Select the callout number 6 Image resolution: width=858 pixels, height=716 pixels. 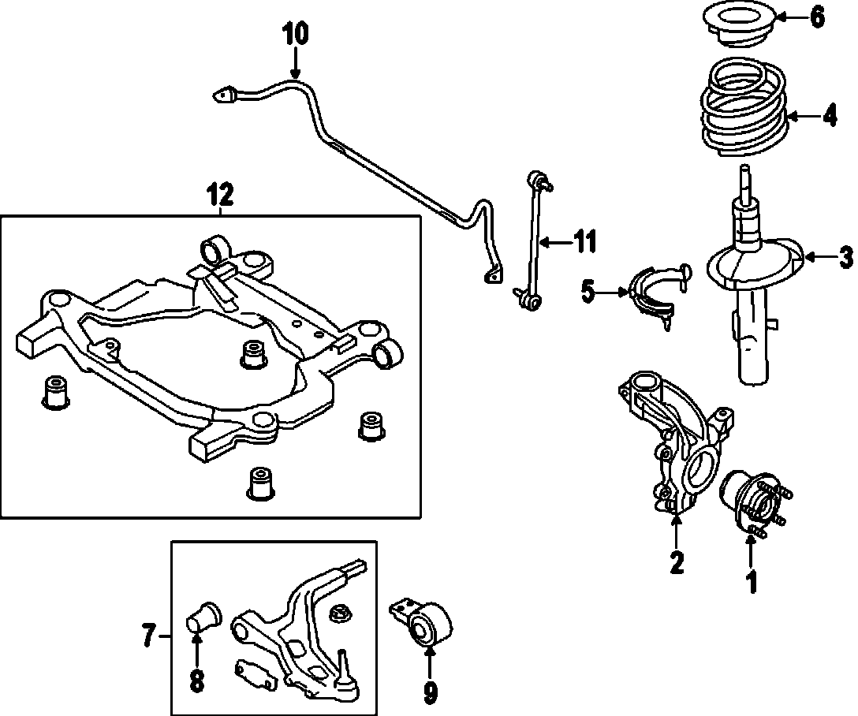click(x=816, y=17)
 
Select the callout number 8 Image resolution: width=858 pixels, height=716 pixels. click(x=196, y=680)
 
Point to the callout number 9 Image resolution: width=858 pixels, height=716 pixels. click(x=430, y=692)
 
